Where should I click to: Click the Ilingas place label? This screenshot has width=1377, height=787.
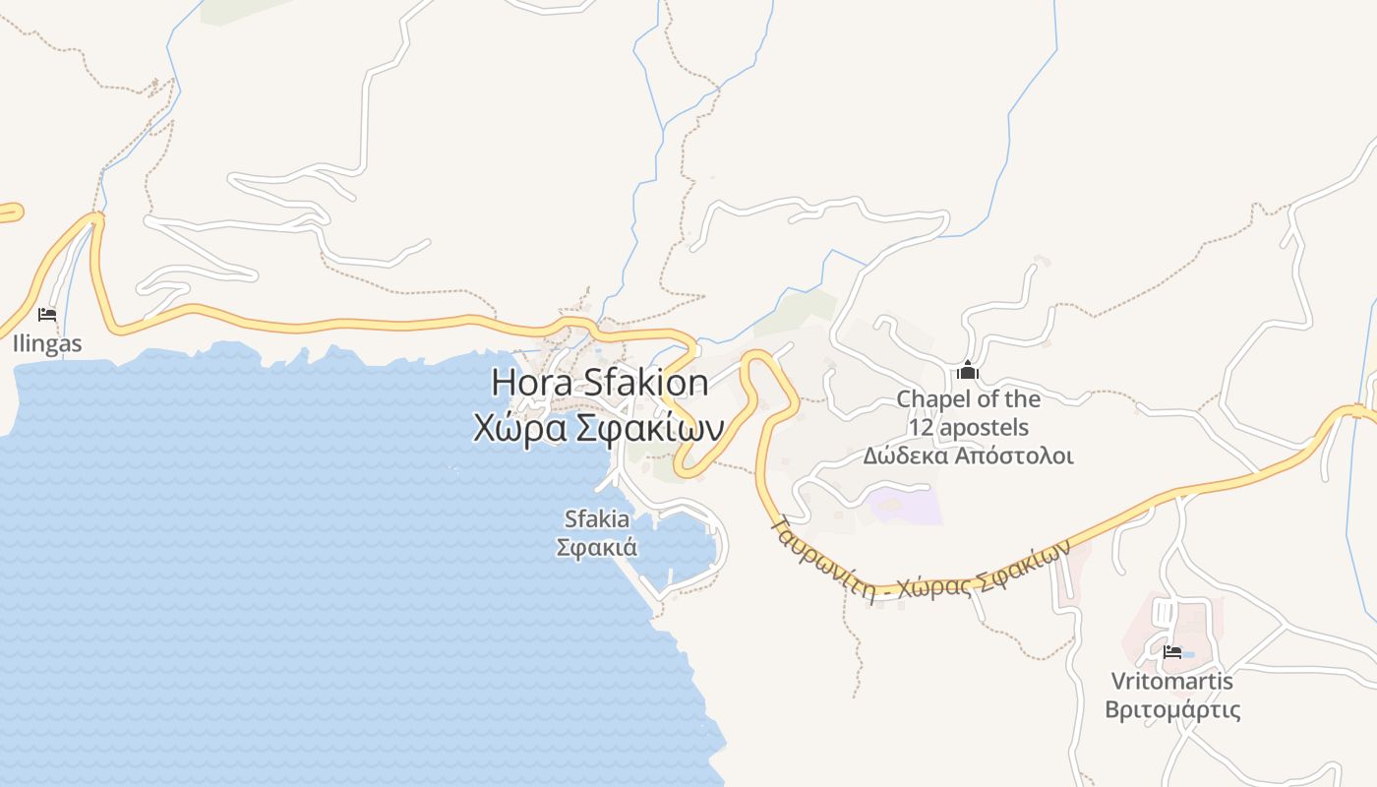coord(47,344)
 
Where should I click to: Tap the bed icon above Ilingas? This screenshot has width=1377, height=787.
coord(47,315)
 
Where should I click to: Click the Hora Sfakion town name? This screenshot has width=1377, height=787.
coord(599,382)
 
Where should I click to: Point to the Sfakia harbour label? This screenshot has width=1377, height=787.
coord(597,518)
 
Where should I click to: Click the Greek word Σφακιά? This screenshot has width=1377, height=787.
coord(597,547)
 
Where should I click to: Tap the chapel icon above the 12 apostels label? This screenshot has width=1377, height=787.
coord(968,371)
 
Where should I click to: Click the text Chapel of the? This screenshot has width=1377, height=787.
coord(968,399)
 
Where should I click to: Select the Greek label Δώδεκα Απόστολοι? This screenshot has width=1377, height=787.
coord(968,456)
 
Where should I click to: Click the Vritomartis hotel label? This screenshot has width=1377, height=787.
coord(1171,681)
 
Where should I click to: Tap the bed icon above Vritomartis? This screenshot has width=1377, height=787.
coord(1171,651)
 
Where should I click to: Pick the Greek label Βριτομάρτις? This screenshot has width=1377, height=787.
coord(1171,709)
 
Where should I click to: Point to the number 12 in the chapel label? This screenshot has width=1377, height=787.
coord(921,428)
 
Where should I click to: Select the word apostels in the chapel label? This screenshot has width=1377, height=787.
coord(984,428)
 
